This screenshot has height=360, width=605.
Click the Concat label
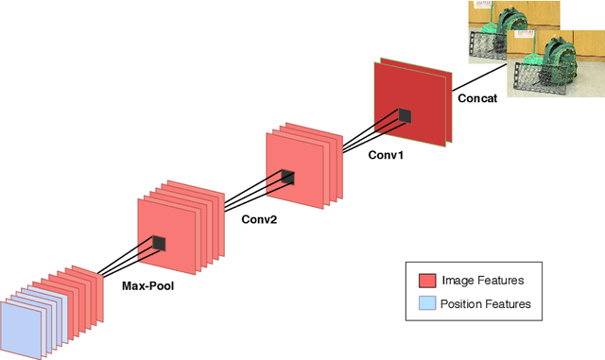click(477, 97)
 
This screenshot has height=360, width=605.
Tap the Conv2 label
click(261, 219)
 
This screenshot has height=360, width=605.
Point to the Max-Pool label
click(148, 283)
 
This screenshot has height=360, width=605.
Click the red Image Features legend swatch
click(427, 281)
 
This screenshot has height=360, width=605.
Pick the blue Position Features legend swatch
click(427, 303)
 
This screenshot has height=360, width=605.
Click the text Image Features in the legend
click(483, 281)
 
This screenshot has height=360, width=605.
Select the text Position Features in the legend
click(487, 303)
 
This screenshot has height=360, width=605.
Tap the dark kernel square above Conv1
click(405, 116)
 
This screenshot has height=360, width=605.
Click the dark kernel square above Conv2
click(287, 177)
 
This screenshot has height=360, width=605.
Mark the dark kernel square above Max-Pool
click(159, 243)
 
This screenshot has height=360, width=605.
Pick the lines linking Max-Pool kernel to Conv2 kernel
click(221, 209)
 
